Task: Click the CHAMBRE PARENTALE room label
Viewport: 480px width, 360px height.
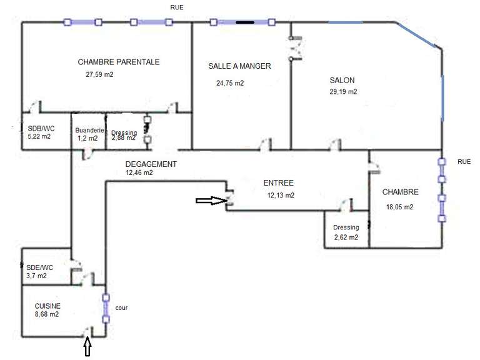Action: click(x=119, y=62)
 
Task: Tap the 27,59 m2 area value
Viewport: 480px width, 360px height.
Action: click(x=99, y=74)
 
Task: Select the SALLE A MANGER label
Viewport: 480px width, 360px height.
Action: click(x=240, y=66)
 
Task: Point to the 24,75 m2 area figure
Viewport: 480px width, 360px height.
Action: click(x=230, y=83)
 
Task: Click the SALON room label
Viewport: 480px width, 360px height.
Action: click(x=342, y=80)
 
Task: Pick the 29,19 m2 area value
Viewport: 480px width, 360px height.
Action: click(x=343, y=91)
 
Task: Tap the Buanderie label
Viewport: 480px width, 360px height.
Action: click(x=89, y=131)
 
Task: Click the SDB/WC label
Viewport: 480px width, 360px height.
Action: click(x=41, y=129)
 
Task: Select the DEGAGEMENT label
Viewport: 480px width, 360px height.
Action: click(x=151, y=164)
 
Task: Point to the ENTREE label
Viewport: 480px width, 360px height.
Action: click(x=279, y=183)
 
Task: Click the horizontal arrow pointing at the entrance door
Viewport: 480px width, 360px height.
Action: click(x=211, y=201)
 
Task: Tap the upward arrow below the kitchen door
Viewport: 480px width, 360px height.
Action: click(x=88, y=346)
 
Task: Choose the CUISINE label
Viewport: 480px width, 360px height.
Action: click(x=47, y=306)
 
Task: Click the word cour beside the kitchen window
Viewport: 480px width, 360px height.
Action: click(x=121, y=308)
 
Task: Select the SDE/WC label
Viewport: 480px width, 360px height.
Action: click(x=39, y=268)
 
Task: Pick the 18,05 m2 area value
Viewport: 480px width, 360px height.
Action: click(x=399, y=207)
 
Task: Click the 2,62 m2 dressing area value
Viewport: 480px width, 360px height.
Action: click(x=346, y=237)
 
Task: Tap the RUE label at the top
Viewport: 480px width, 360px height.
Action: click(x=177, y=7)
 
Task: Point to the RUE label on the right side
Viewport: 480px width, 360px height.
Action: click(x=464, y=162)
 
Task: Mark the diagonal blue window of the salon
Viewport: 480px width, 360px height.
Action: click(x=417, y=34)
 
